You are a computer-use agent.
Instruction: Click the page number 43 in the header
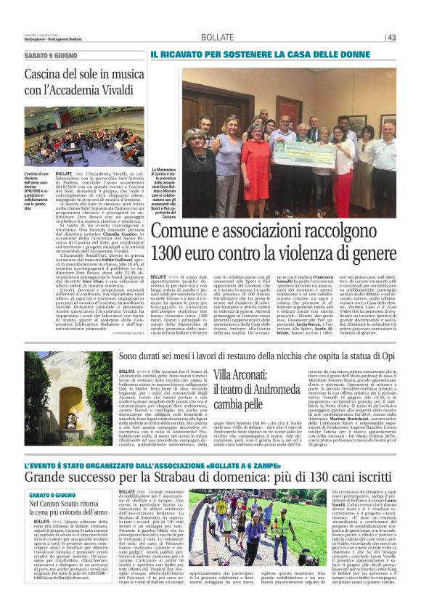[411, 38]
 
